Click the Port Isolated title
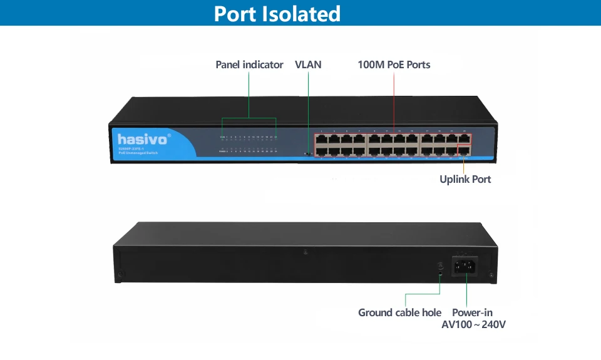[277, 13]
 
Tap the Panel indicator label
[249, 64]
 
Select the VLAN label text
[308, 64]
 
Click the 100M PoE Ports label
[394, 64]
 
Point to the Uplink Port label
[465, 180]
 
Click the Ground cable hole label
[399, 312]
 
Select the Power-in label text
[472, 312]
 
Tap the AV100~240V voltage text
[473, 325]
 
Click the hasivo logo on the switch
[143, 138]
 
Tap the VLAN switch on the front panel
[307, 153]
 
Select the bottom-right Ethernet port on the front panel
[464, 151]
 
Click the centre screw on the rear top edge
[305, 252]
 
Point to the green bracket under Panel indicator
[249, 118]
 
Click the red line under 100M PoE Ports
[394, 100]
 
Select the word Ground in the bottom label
[375, 312]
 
